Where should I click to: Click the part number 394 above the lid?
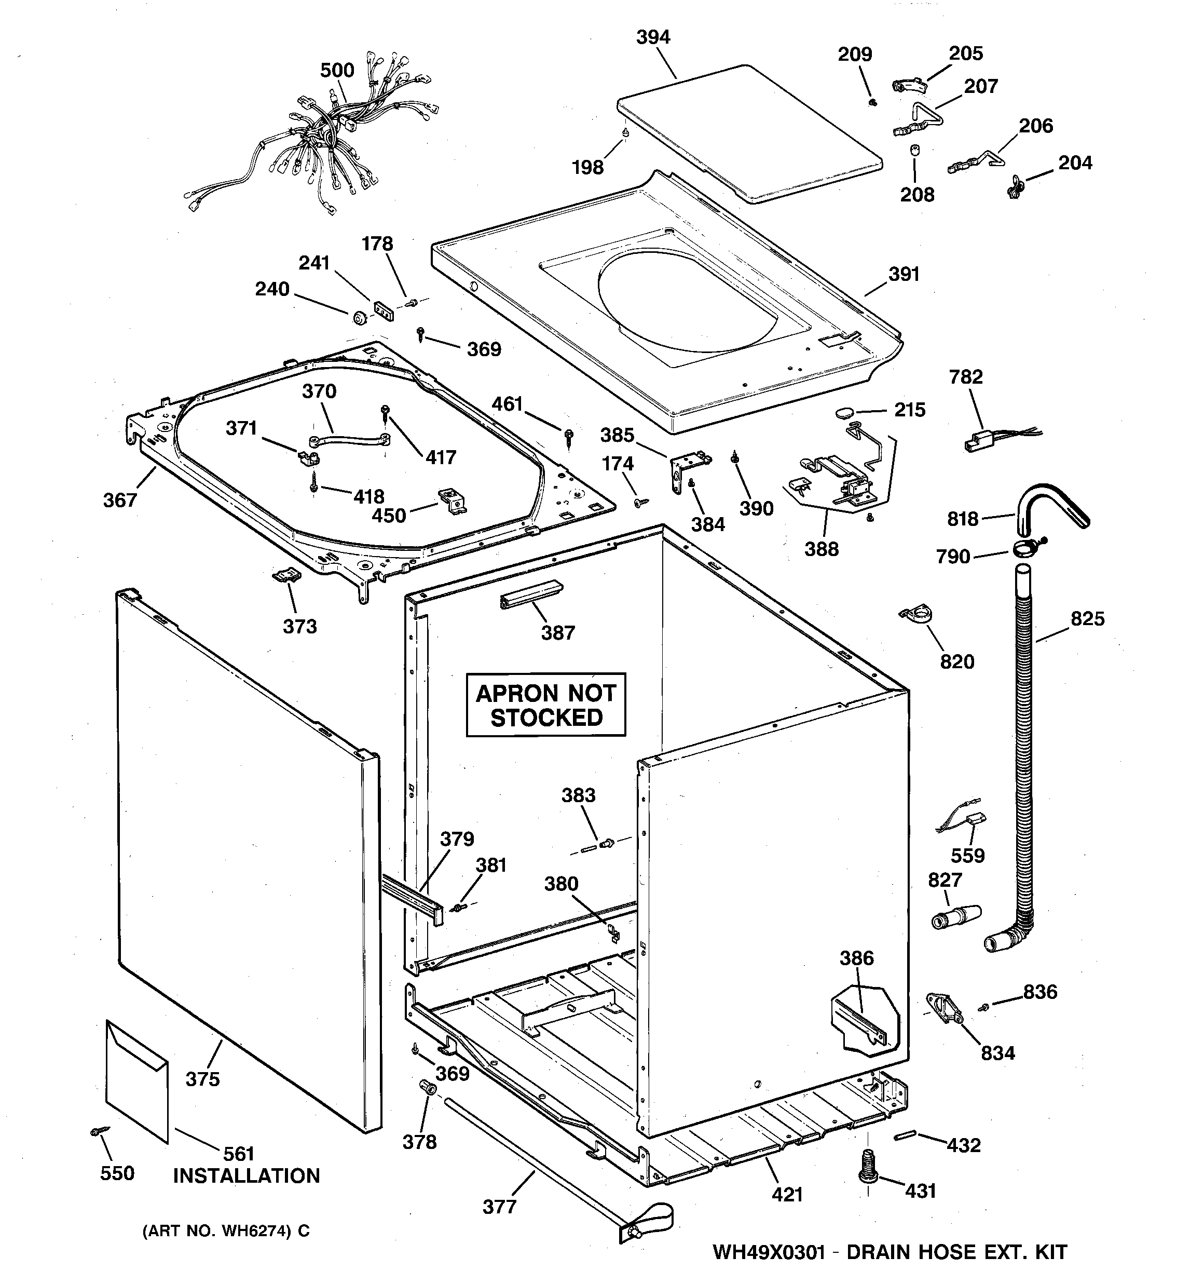(653, 37)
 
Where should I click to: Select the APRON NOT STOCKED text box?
(546, 705)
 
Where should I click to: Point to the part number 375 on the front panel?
(202, 1079)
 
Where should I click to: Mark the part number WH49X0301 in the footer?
(769, 1252)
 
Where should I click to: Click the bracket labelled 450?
(453, 499)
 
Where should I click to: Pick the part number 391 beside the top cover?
(904, 274)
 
